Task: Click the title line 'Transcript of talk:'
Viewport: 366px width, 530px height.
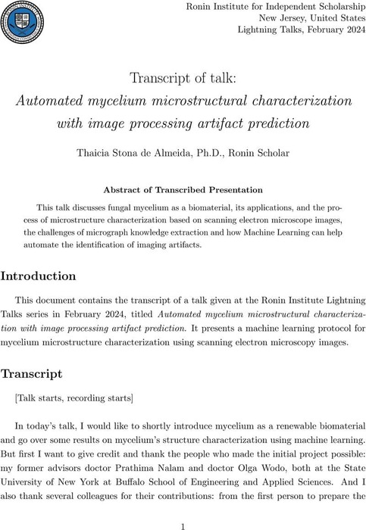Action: pyautogui.click(x=183, y=78)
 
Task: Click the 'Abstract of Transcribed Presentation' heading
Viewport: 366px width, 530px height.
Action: pyautogui.click(x=183, y=189)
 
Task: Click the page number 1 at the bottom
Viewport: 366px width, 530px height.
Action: pyautogui.click(x=183, y=522)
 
